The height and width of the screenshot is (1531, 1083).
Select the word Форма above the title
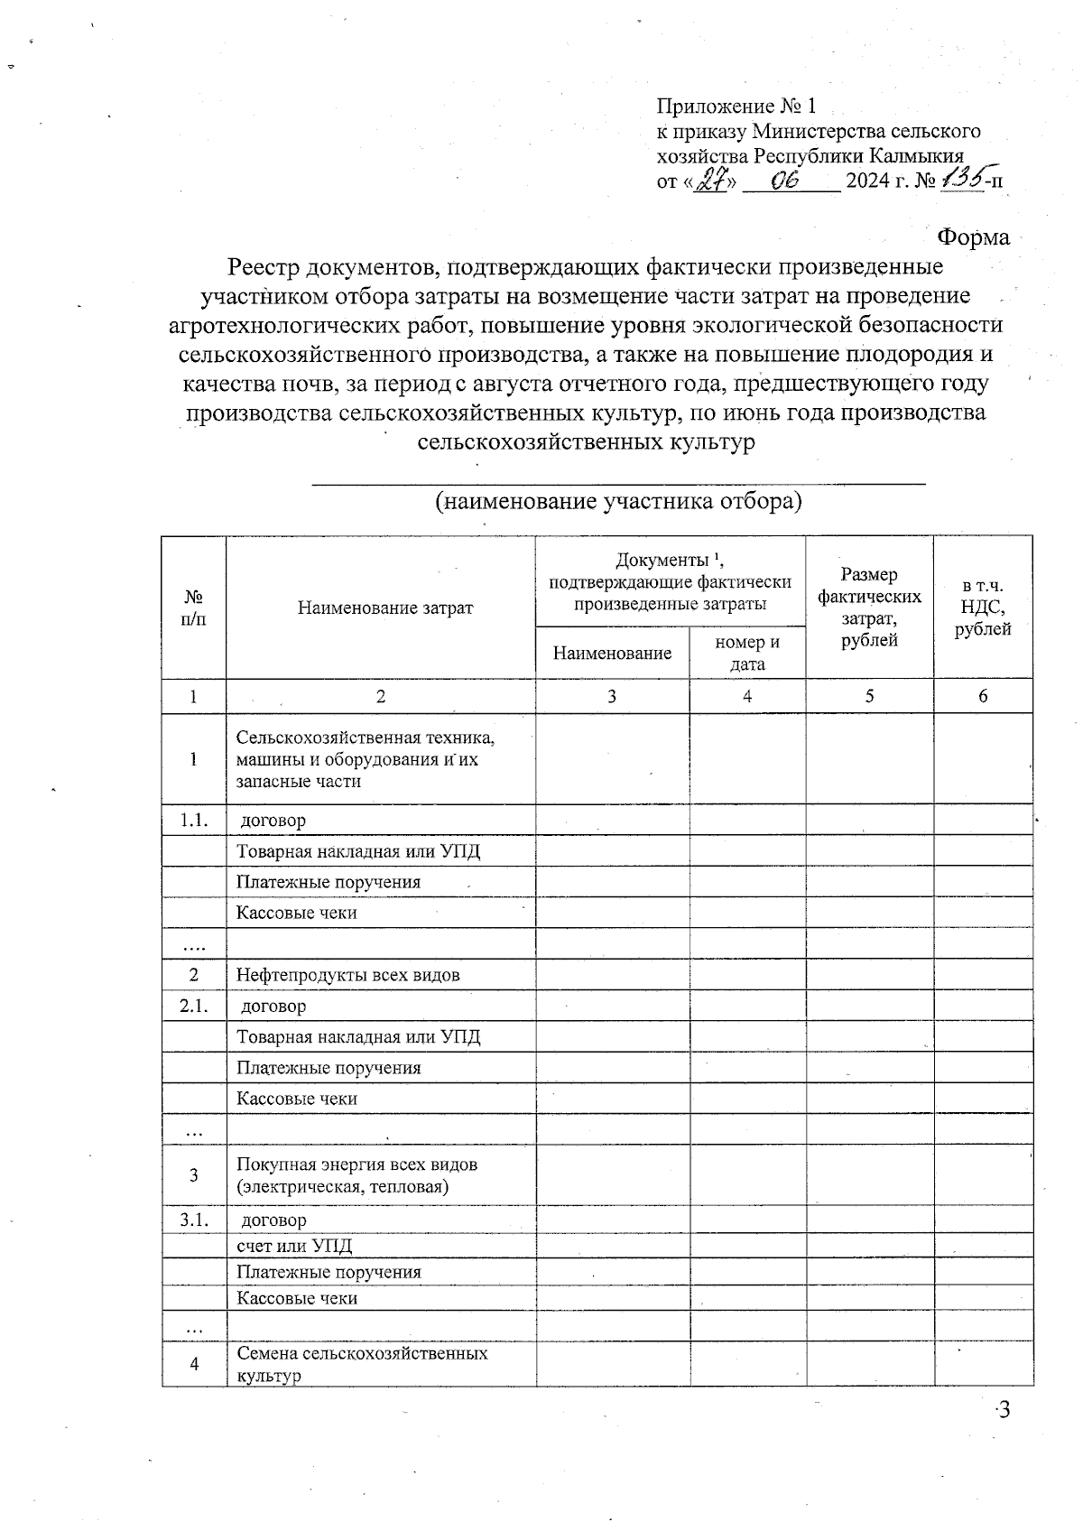point(973,237)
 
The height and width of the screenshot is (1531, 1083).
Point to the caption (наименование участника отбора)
point(618,501)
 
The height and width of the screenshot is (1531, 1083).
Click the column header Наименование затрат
point(385,608)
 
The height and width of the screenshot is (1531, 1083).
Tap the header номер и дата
point(747,653)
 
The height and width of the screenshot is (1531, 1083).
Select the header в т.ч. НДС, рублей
point(983,608)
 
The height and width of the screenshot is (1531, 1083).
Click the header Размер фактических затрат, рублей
point(869,608)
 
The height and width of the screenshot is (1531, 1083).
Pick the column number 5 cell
point(869,696)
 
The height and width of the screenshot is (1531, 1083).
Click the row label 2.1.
point(193,1006)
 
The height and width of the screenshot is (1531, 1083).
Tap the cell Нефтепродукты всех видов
point(348,975)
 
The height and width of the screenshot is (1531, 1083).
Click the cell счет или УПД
point(294,1246)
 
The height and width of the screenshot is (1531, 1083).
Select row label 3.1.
point(193,1220)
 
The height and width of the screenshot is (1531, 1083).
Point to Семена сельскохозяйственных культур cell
point(361,1364)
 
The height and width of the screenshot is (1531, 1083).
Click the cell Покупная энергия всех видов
point(357,1174)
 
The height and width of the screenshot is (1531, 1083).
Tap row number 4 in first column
point(194,1364)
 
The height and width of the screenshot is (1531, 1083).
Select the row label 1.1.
point(193,820)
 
